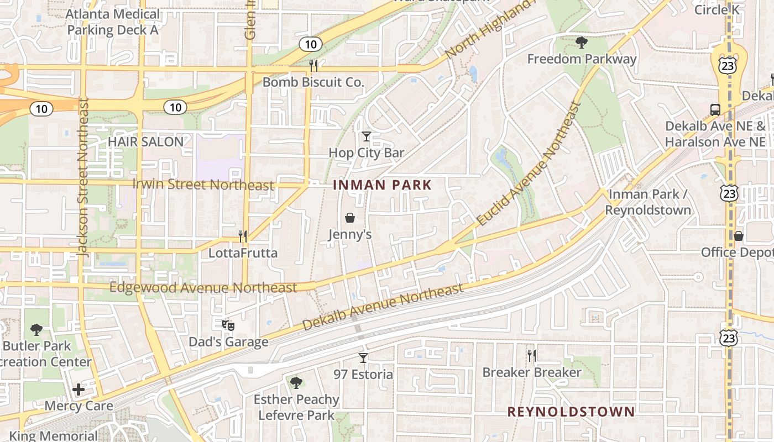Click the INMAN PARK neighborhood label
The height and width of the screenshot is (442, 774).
pyautogui.click(x=382, y=185)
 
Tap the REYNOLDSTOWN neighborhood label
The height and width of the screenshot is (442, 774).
pyautogui.click(x=571, y=412)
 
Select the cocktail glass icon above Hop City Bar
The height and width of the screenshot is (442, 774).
pyautogui.click(x=366, y=136)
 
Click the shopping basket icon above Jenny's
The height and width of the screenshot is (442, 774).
pyautogui.click(x=350, y=218)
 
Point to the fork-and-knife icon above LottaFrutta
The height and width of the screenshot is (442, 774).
pyautogui.click(x=242, y=236)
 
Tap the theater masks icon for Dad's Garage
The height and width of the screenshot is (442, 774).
pyautogui.click(x=228, y=325)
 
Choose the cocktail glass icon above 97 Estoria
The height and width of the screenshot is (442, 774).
pyautogui.click(x=363, y=357)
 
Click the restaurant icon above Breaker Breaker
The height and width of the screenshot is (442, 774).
pyautogui.click(x=531, y=355)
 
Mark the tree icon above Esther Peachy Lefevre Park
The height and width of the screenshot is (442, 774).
pyautogui.click(x=296, y=382)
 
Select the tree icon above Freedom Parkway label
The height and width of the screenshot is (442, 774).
pyautogui.click(x=581, y=42)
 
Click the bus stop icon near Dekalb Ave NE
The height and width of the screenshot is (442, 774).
pyautogui.click(x=715, y=109)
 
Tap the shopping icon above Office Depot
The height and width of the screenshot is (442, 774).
pyautogui.click(x=739, y=236)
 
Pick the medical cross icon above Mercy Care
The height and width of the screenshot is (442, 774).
pyautogui.click(x=79, y=390)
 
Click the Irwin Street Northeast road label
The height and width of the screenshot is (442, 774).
pyautogui.click(x=203, y=185)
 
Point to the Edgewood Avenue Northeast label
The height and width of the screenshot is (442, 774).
pyautogui.click(x=203, y=288)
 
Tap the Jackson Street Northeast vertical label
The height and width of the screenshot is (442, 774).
pyautogui.click(x=83, y=177)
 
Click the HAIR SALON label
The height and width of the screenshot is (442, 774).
pyautogui.click(x=145, y=141)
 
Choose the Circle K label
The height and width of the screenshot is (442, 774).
pyautogui.click(x=717, y=9)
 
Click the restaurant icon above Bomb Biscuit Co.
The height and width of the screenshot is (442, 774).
pyautogui.click(x=313, y=66)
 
